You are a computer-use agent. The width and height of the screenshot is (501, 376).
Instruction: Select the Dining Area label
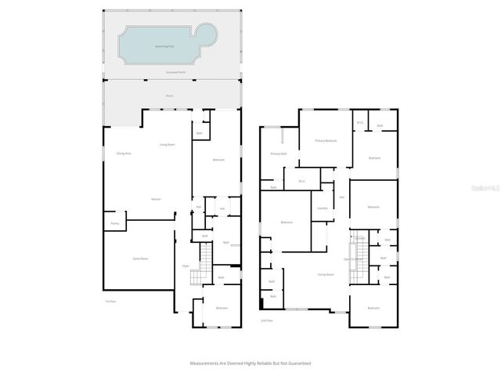pos(123,153)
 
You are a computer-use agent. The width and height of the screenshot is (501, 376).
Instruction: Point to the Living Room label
pos(167,145)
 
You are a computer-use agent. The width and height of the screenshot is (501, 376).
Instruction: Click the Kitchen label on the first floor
pos(157,200)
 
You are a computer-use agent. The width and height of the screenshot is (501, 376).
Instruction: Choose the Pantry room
pos(114,224)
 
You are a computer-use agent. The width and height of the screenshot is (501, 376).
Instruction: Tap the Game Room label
pos(141,257)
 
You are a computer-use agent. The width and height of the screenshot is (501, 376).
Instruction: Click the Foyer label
pos(186,266)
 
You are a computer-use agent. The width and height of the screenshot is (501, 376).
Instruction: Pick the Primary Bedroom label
pos(326,140)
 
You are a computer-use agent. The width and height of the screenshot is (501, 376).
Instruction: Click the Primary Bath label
pos(279,154)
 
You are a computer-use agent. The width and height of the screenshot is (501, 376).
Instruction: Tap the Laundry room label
pos(322,208)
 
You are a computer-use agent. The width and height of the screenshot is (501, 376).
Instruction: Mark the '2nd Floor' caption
pos(267,320)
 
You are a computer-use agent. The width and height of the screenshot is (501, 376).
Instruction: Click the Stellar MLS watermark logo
pos(487,188)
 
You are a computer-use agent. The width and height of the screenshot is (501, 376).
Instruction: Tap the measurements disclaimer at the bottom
pos(250,363)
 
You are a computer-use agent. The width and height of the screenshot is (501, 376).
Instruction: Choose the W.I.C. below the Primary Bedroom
pos(301,182)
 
